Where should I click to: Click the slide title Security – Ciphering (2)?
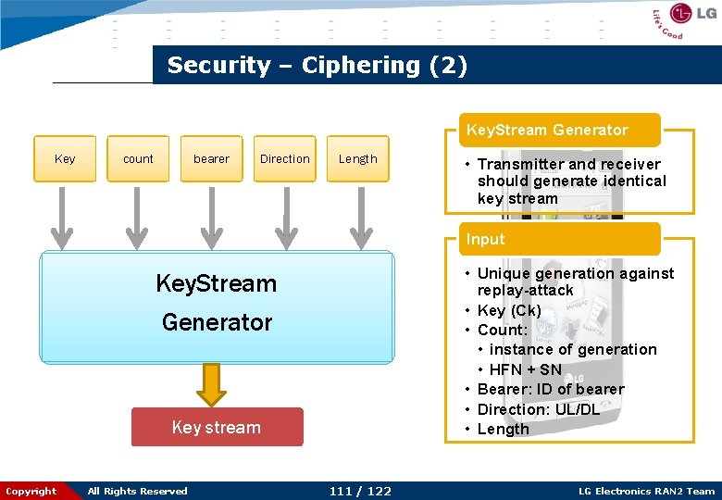(317, 66)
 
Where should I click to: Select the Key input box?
(65, 159)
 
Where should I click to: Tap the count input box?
(138, 159)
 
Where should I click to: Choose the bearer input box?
(211, 159)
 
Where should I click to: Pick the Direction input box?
(284, 159)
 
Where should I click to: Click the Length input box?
(358, 159)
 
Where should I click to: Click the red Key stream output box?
(217, 427)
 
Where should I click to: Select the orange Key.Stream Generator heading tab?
(547, 131)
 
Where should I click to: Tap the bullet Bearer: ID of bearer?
(550, 389)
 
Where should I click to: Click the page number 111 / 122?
(360, 491)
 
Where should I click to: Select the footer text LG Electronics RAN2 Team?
(646, 491)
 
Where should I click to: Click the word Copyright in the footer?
(31, 491)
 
